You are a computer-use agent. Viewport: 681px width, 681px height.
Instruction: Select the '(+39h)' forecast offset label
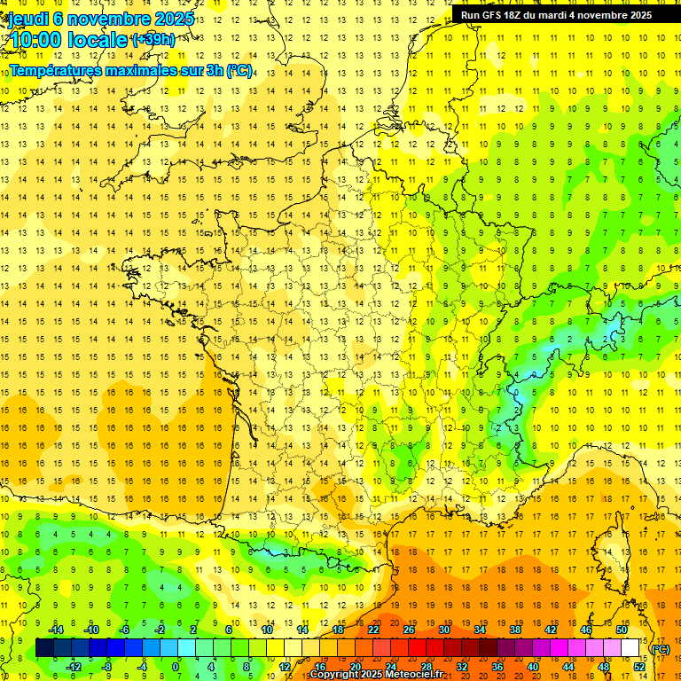[x=153, y=39]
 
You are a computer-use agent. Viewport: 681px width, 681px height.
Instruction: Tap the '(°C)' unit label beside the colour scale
[x=661, y=649]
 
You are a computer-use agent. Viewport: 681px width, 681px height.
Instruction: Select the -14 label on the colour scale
[x=55, y=630]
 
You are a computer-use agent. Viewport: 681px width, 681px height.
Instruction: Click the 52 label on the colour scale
[x=639, y=667]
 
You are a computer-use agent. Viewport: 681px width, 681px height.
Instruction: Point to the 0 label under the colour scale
[x=175, y=667]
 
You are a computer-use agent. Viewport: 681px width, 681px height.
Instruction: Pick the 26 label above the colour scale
[x=409, y=630]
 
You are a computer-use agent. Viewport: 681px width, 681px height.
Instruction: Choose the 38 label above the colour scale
[x=514, y=630]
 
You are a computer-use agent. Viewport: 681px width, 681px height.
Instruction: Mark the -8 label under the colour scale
[x=106, y=667]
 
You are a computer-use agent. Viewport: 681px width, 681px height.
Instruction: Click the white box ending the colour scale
[x=630, y=648]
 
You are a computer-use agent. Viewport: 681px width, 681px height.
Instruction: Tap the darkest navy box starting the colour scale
[x=44, y=648]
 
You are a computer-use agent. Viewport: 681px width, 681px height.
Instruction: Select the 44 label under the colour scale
[x=568, y=667]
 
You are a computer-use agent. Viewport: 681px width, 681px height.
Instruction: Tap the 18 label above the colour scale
[x=338, y=630]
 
